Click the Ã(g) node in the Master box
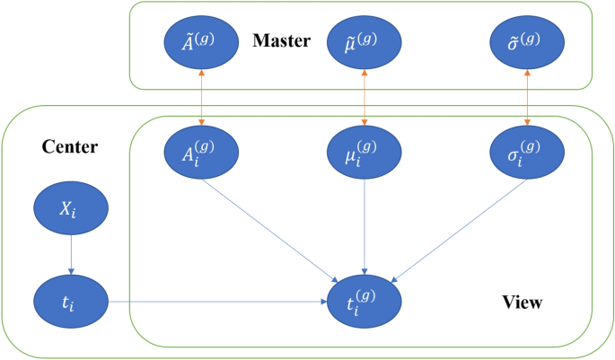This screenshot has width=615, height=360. click(x=202, y=42)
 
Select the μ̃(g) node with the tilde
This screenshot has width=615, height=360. click(x=365, y=42)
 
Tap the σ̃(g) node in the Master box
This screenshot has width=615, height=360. click(x=527, y=42)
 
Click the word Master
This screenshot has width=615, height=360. click(x=281, y=41)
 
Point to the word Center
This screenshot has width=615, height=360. click(x=70, y=145)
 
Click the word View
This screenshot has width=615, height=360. click(x=521, y=303)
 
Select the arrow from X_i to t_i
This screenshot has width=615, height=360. click(x=71, y=256)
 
